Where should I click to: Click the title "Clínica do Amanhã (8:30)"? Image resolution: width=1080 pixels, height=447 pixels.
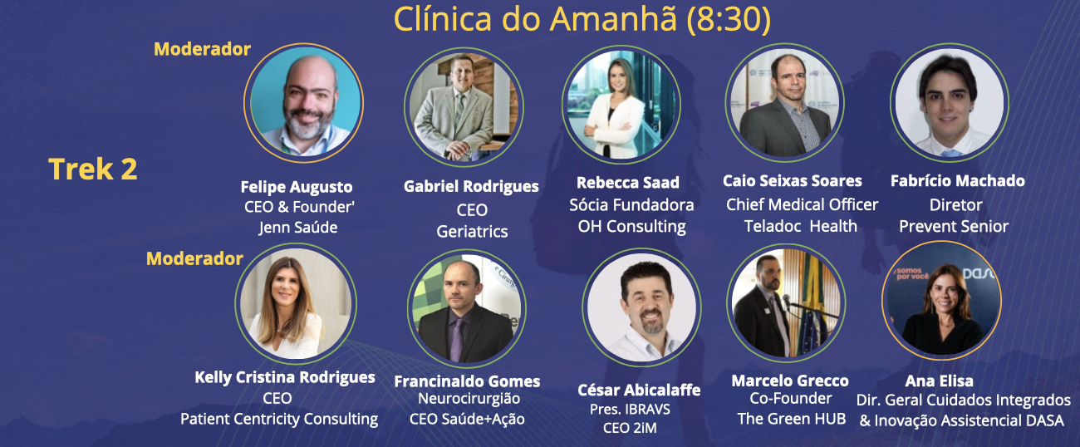coord(582,19)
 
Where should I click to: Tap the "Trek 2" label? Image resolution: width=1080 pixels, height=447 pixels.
coord(93,169)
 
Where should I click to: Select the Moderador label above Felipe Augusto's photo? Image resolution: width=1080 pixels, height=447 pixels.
coord(202,49)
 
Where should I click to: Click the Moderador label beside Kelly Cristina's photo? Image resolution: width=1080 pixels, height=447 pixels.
coord(194,259)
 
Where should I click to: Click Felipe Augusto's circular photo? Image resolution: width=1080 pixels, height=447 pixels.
coord(304,103)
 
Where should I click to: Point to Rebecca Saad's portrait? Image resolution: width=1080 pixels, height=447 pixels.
coord(621,106)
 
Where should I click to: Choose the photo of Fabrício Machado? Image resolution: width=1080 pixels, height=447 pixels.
coord(950,102)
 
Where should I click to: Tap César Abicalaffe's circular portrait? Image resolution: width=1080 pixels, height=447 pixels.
coord(641,307)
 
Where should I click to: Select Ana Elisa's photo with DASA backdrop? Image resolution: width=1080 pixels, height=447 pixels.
coord(941,301)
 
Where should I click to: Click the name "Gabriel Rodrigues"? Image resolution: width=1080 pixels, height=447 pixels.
coord(471,187)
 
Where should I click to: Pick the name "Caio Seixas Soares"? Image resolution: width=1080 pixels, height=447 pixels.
coord(793,181)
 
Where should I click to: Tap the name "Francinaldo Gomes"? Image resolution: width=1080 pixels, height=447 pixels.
coord(467,381)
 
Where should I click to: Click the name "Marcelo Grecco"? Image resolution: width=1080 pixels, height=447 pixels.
coord(790,381)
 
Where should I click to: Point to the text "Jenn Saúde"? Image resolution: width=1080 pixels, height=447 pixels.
coord(298,227)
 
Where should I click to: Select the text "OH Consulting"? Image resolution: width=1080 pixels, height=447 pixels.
coord(632,226)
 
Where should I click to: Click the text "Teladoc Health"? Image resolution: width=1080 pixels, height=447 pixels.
coord(800,226)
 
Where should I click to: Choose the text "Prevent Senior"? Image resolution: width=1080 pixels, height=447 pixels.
coord(954,226)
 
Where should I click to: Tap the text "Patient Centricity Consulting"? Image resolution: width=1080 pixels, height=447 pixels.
coord(279,419)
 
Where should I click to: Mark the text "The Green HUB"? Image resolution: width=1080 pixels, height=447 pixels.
coord(791,419)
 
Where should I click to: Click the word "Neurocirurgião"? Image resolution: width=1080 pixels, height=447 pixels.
coord(469,399)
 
